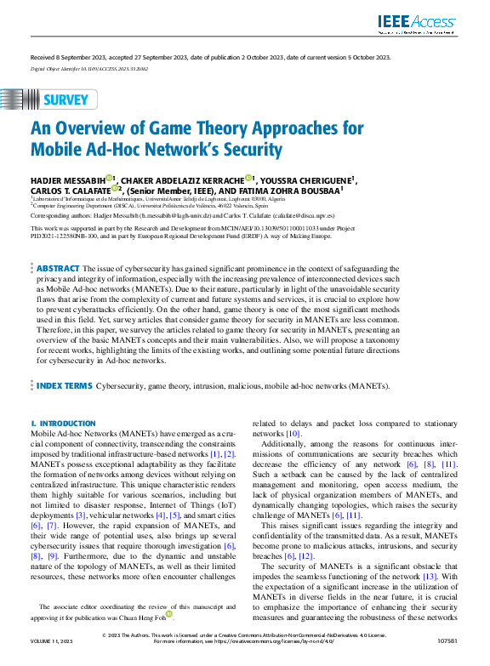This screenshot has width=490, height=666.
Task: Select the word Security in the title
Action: (x=248, y=151)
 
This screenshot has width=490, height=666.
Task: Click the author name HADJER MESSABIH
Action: (x=67, y=180)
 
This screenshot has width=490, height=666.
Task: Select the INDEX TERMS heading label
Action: (x=65, y=385)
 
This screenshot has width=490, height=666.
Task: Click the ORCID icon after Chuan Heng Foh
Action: (x=169, y=612)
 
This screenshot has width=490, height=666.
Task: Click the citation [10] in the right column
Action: (x=293, y=434)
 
